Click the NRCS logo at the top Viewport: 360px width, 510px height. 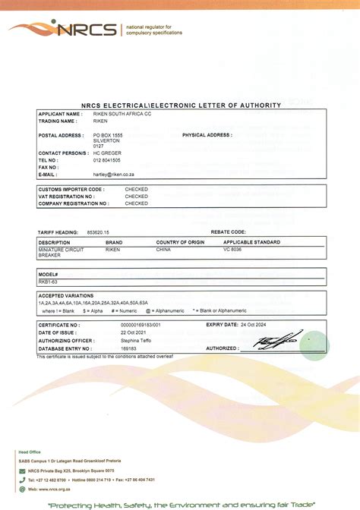(x=64, y=30)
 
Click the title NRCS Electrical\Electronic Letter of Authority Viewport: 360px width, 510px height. (x=179, y=105)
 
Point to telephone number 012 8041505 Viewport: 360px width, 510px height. (x=107, y=160)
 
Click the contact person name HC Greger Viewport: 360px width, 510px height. (x=107, y=153)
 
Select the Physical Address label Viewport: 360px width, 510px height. (x=207, y=134)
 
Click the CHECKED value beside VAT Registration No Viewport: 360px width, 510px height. (x=137, y=196)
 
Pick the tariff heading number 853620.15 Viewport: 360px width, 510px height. (x=98, y=231)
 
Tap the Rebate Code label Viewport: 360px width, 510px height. (x=228, y=231)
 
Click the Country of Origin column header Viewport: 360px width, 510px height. (x=181, y=242)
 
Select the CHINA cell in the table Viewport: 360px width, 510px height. (x=163, y=249)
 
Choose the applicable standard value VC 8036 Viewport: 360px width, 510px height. (x=232, y=249)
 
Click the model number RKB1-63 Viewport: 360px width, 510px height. (x=48, y=280)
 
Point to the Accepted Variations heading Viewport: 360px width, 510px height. (x=62, y=295)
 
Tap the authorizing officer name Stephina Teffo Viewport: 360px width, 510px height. (x=135, y=341)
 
